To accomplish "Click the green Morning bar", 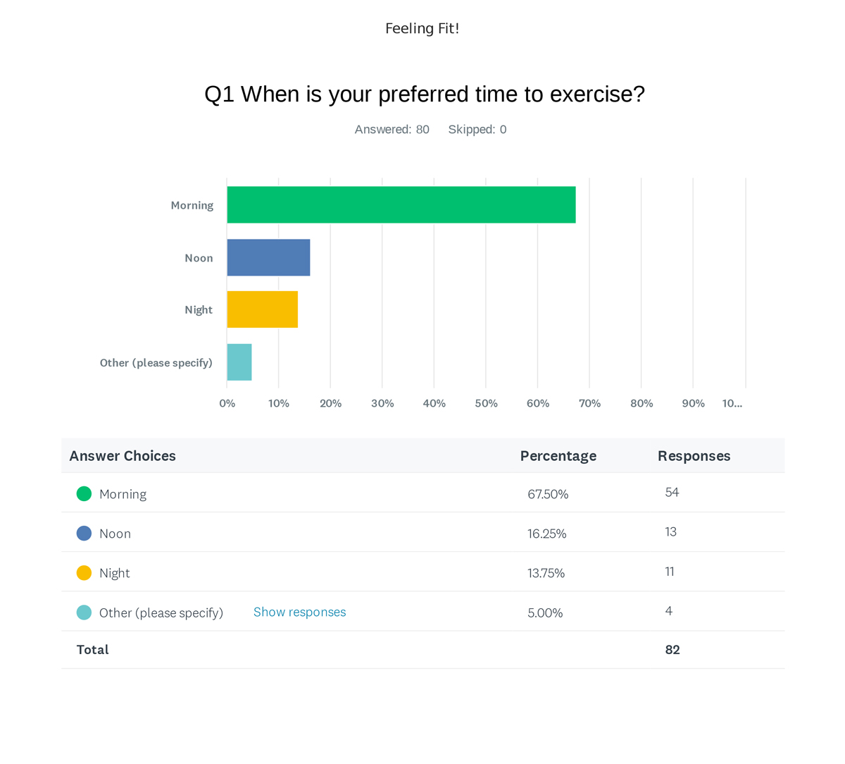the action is pyautogui.click(x=401, y=204).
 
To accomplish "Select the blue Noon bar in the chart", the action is pyautogui.click(x=268, y=258).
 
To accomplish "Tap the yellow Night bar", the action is pyautogui.click(x=263, y=309).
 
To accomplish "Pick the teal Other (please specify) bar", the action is pyautogui.click(x=239, y=362).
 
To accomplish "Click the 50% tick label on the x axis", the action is pyautogui.click(x=486, y=404).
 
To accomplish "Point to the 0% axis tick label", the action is pyautogui.click(x=227, y=404).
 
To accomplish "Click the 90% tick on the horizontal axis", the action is pyautogui.click(x=694, y=404).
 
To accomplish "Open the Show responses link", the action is pyautogui.click(x=299, y=612).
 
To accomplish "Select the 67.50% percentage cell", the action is pyautogui.click(x=548, y=494).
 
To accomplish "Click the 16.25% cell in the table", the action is pyautogui.click(x=546, y=534).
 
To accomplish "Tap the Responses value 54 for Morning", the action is pyautogui.click(x=672, y=492).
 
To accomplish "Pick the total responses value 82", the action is pyautogui.click(x=672, y=649).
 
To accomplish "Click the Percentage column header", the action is pyautogui.click(x=558, y=456).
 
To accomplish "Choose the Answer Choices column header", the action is pyautogui.click(x=123, y=456).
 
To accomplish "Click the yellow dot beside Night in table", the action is pyautogui.click(x=84, y=573).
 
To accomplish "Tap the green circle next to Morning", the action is pyautogui.click(x=84, y=494).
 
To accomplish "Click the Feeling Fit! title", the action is pyautogui.click(x=422, y=28).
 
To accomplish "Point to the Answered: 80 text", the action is pyautogui.click(x=392, y=130).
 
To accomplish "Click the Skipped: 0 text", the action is pyautogui.click(x=477, y=130).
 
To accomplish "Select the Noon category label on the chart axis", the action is pyautogui.click(x=199, y=258).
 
